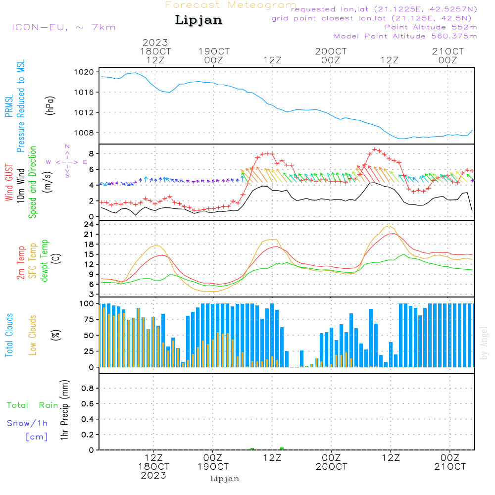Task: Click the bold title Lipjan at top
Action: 198,20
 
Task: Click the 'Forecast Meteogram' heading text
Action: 231,5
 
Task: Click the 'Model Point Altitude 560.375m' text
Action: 405,36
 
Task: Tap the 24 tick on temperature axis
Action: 89,224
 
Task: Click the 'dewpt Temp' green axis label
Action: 44,261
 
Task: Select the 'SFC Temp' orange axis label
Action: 33,261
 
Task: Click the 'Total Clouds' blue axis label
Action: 9,335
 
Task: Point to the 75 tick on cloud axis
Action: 87,319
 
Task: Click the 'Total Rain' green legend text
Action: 32,405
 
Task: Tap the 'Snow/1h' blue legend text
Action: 27,423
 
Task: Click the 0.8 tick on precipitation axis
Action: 87,388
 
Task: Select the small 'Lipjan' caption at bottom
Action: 224,479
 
